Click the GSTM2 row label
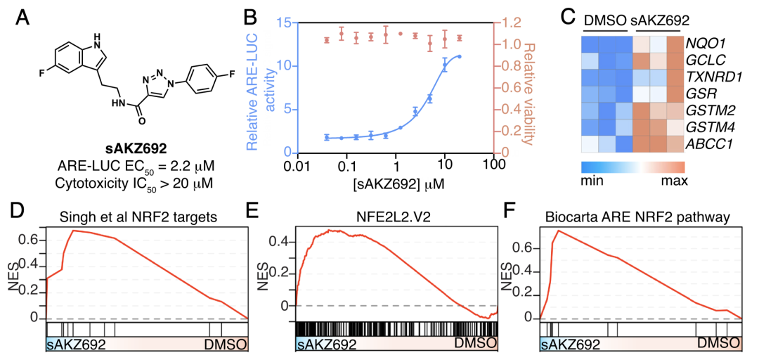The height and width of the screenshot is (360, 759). pyautogui.click(x=708, y=110)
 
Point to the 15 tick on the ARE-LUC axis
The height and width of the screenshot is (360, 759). pyautogui.click(x=286, y=22)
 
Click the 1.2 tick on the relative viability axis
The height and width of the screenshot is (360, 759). pyautogui.click(x=505, y=22)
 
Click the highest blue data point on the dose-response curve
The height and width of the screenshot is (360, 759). pyautogui.click(x=459, y=56)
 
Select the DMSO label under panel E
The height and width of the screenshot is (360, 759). pyautogui.click(x=474, y=344)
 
